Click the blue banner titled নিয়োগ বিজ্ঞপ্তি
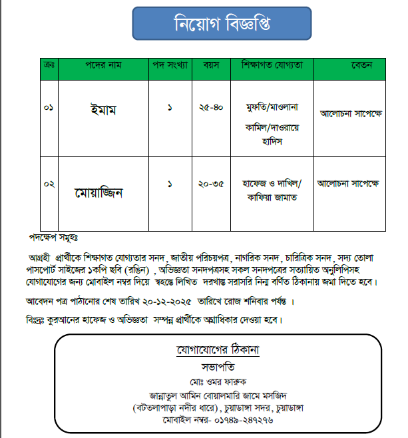(222, 24)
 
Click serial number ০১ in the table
(49, 109)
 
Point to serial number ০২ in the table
(49, 183)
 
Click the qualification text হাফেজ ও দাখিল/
(272, 182)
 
